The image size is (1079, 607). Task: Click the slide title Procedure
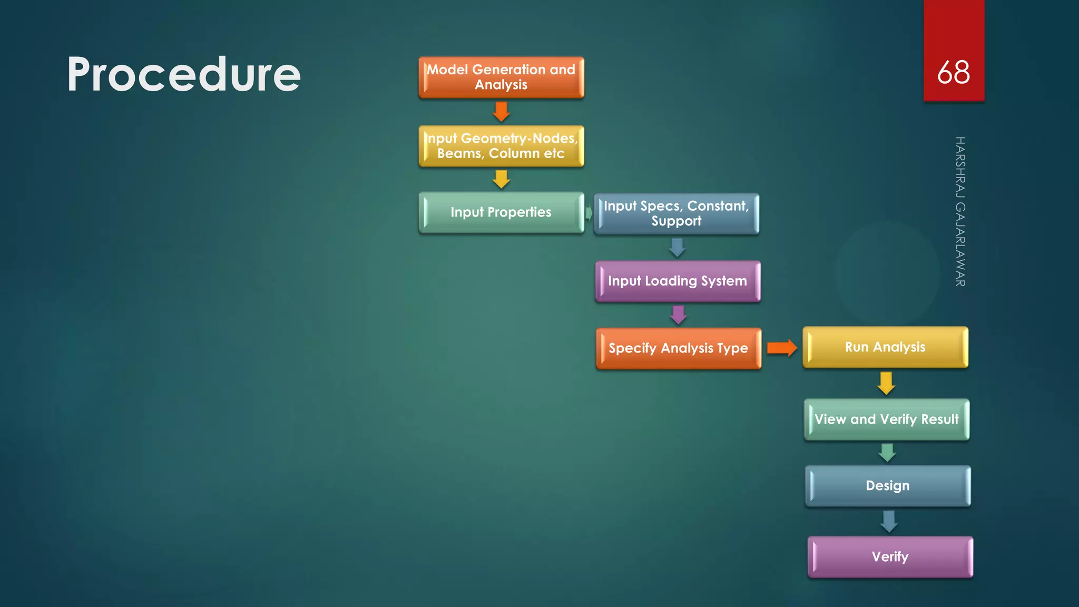pos(183,74)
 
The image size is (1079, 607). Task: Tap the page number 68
pos(953,72)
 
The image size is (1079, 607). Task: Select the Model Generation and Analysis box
pos(501,77)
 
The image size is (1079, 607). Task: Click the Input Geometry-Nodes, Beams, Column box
pos(501,146)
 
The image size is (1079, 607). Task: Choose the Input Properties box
pos(501,212)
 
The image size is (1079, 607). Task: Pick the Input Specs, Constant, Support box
pos(676,213)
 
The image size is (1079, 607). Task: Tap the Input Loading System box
pos(678,281)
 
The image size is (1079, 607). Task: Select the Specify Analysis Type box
pos(678,348)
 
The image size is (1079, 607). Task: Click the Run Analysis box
pos(885,347)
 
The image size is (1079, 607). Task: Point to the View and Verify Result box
pos(887,419)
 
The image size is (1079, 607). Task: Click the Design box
pos(888,486)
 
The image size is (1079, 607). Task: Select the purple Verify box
pos(890,557)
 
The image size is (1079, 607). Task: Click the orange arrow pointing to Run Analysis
pos(782,348)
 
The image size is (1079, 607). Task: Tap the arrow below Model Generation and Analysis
pos(501,111)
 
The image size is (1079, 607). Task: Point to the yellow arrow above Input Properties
pos(501,179)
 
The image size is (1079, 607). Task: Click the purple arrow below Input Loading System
pos(678,315)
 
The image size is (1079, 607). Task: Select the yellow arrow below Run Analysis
pos(886,383)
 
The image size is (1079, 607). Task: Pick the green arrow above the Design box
pos(887,453)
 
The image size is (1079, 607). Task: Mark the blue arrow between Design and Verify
pos(889,521)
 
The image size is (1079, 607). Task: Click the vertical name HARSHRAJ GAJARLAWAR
pos(960,211)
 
